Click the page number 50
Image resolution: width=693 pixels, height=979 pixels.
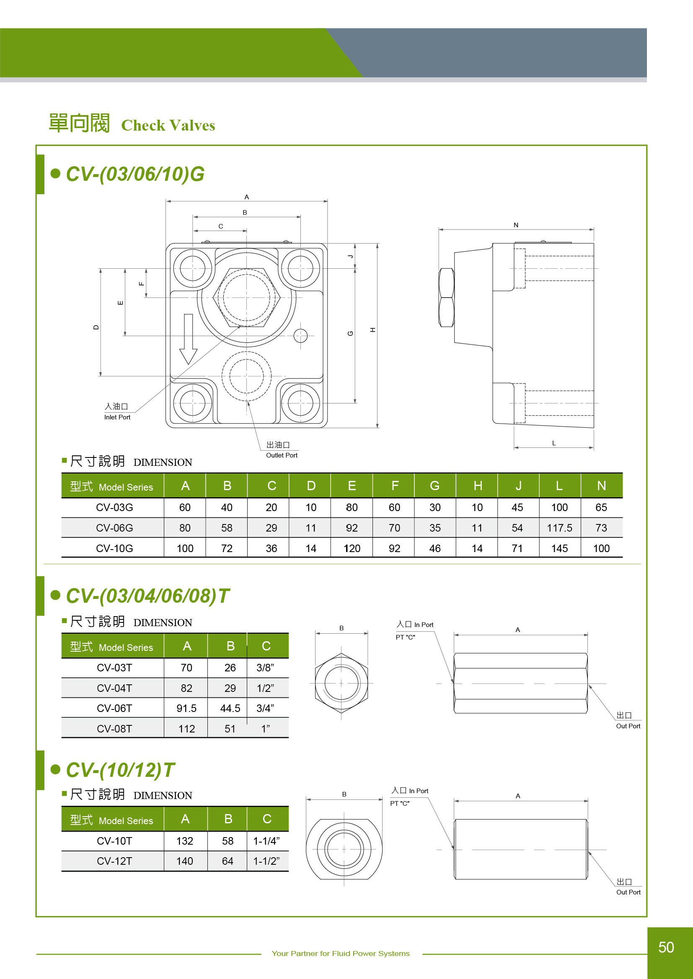[x=666, y=947]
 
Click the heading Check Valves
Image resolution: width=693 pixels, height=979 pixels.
[x=168, y=126]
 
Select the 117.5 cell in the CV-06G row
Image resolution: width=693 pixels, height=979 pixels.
[x=559, y=528]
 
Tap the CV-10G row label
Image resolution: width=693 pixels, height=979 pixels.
[x=114, y=548]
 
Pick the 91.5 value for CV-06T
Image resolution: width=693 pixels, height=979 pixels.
[x=186, y=708]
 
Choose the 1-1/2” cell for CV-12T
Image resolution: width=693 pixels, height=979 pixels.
[x=266, y=861]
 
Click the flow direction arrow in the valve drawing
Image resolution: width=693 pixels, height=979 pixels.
[x=188, y=339]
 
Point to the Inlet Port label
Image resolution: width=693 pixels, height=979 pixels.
[x=117, y=417]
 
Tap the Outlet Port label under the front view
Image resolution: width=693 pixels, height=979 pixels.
[x=282, y=455]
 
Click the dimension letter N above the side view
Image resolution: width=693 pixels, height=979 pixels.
[x=516, y=225]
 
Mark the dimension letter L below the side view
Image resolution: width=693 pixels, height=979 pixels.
[x=554, y=443]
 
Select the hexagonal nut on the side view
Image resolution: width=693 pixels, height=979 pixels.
[x=446, y=298]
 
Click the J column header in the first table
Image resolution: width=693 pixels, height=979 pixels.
[x=518, y=486]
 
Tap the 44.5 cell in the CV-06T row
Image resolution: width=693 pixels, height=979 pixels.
[x=230, y=708]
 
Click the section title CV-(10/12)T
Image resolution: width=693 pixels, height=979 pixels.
[x=120, y=770]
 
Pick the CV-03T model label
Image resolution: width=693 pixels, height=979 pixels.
[x=114, y=668]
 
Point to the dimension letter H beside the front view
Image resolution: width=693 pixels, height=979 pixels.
[x=372, y=329]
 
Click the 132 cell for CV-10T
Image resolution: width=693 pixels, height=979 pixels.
[x=185, y=841]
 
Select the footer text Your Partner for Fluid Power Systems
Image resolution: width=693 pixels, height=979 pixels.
[x=341, y=953]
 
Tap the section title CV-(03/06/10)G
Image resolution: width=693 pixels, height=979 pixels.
[x=135, y=174]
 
